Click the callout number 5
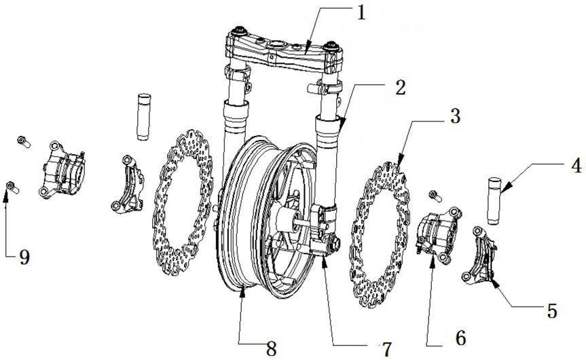[x=551, y=310]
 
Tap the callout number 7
[x=386, y=349]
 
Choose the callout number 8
[x=272, y=349]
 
